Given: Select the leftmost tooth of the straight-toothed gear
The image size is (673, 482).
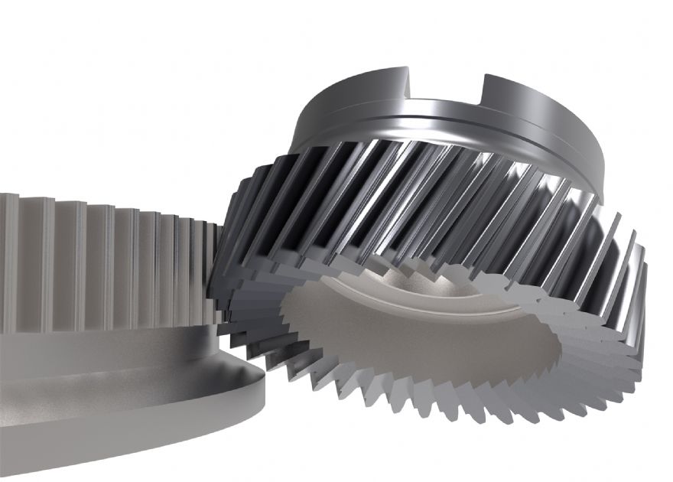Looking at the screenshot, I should (8, 260).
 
